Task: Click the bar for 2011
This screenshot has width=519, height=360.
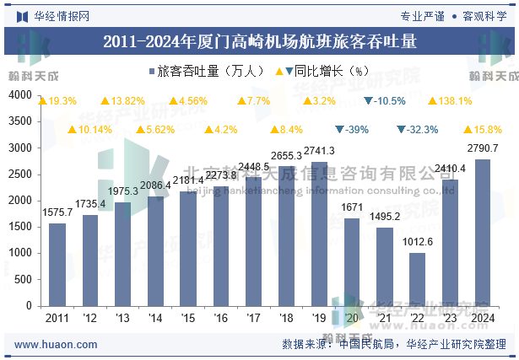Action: [x=57, y=264]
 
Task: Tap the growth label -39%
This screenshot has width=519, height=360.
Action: [x=356, y=129]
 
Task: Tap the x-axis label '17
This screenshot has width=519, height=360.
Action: [x=253, y=318]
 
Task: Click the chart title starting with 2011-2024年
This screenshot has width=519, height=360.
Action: [x=259, y=40]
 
